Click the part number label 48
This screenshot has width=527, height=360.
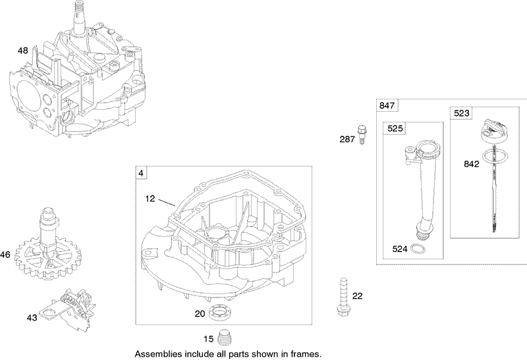[x=22, y=50]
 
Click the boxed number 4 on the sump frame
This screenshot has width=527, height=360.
[x=140, y=173]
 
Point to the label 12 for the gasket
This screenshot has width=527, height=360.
[x=152, y=197]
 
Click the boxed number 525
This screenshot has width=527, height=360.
[x=393, y=128]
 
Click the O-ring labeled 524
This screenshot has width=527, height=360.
[x=417, y=249]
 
